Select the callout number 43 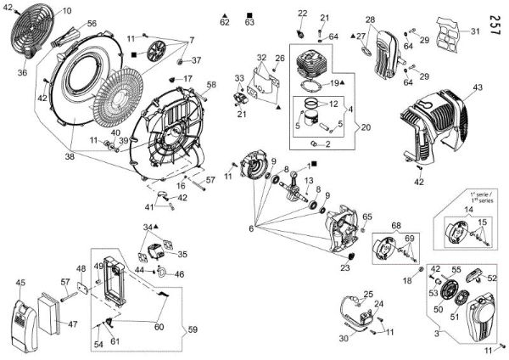click(478, 87)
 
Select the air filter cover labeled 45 click(23, 318)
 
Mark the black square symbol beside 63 click(249, 14)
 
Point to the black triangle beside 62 click(223, 14)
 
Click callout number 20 click(342, 127)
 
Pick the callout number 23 click(345, 268)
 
